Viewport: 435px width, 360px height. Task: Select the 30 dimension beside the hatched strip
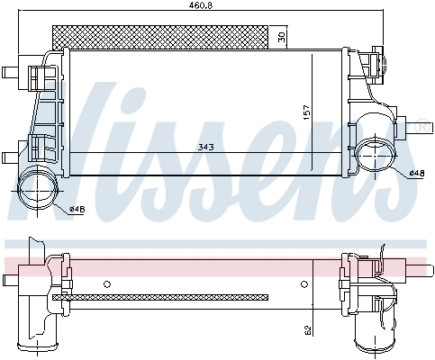(x=281, y=37)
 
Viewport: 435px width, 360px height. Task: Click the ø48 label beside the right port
(x=416, y=173)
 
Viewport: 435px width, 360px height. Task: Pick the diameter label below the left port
(x=78, y=210)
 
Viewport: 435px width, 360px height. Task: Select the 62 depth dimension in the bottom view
(x=308, y=331)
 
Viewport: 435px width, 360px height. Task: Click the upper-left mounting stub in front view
(x=11, y=72)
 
